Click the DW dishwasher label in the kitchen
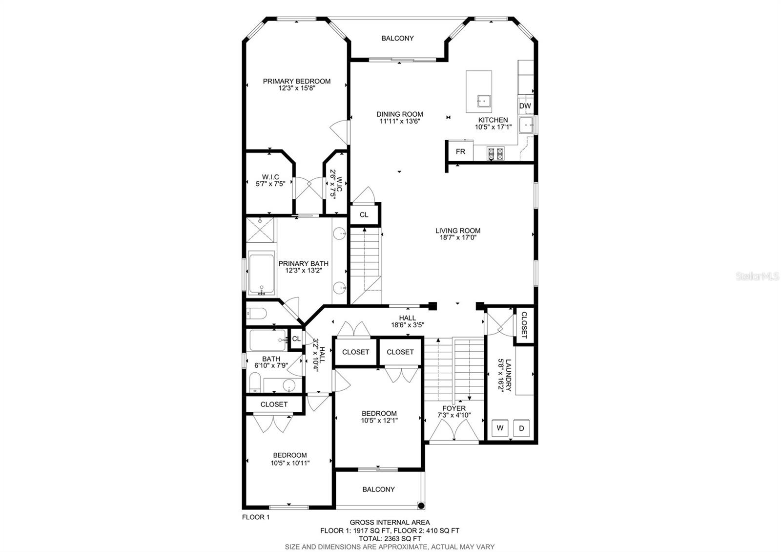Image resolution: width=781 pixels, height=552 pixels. click(x=525, y=106)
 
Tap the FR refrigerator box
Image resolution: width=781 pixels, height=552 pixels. click(x=460, y=151)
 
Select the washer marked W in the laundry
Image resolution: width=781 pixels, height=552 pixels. click(x=500, y=428)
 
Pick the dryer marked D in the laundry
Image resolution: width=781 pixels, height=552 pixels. click(x=521, y=428)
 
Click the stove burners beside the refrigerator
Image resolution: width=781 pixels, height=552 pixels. click(x=495, y=153)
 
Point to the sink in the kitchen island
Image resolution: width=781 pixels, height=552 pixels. click(x=484, y=101)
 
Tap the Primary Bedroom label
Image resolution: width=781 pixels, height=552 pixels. click(x=297, y=81)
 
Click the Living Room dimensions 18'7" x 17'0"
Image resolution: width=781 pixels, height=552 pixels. click(x=458, y=237)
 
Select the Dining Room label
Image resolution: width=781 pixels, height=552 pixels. click(x=400, y=114)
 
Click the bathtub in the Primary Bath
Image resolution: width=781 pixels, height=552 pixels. click(x=262, y=274)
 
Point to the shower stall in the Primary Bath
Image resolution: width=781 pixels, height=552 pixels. click(x=260, y=230)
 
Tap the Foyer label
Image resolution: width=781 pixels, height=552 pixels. click(x=454, y=408)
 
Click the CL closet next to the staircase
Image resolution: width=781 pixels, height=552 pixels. click(x=364, y=214)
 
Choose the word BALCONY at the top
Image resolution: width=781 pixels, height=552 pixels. click(x=397, y=39)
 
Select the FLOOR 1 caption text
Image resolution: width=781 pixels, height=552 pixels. click(x=256, y=517)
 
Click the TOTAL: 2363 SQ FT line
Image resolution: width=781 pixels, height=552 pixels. click(x=390, y=539)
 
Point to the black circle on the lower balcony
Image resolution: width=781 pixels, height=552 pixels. click(x=421, y=505)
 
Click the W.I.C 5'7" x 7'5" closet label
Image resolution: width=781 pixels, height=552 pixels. click(x=270, y=180)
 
